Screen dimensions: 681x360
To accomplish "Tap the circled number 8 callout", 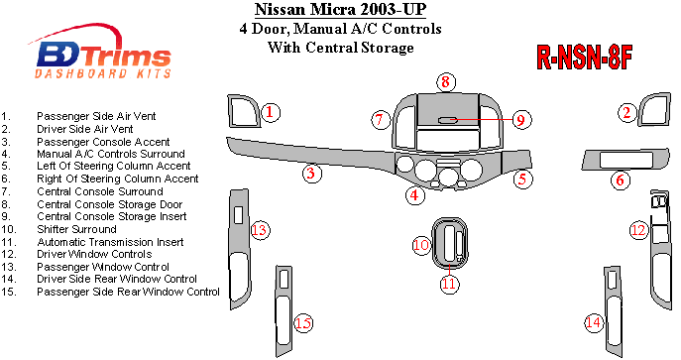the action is (446, 82).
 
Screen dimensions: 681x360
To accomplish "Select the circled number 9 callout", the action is (520, 119).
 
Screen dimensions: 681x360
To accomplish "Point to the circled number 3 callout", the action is (311, 174).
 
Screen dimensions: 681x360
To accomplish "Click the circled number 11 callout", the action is (449, 283).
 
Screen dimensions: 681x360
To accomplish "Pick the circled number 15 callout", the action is (303, 323).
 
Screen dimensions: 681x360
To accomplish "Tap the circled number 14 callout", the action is (594, 322).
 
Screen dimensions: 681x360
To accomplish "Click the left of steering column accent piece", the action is (516, 160).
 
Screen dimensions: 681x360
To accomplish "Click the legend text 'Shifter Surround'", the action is (77, 229).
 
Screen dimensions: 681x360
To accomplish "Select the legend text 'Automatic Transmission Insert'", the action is (110, 242).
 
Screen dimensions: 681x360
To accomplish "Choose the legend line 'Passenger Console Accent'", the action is (103, 142).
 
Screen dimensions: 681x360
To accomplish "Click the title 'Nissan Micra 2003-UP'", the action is (341, 9).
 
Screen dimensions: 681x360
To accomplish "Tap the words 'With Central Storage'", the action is (341, 47).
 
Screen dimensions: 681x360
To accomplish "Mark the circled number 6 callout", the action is (621, 180).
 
